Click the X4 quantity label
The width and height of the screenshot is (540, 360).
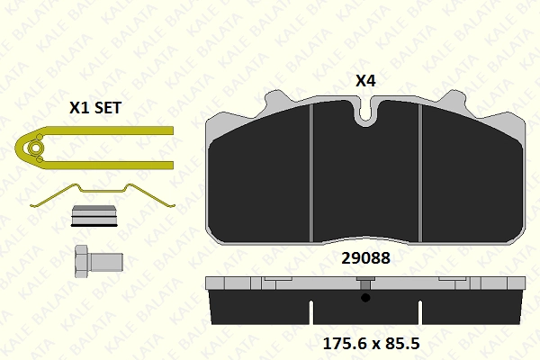click(365, 81)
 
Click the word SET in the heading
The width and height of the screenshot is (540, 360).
click(108, 108)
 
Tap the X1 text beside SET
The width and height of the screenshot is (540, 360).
click(79, 108)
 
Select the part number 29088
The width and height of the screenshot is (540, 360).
click(365, 258)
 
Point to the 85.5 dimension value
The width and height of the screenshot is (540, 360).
click(403, 344)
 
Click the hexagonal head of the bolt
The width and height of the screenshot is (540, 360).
click(82, 262)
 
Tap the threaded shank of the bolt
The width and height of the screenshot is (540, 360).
click(105, 262)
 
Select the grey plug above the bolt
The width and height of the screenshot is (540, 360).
click(94, 216)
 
